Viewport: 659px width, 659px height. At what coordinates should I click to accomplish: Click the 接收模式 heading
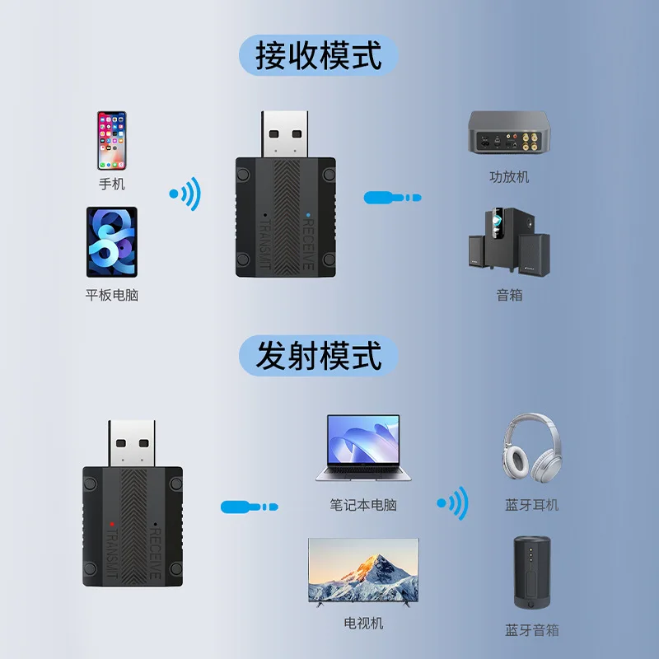click(319, 57)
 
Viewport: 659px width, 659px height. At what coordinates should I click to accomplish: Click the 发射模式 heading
click(319, 356)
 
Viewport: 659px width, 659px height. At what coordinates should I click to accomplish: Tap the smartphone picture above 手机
click(111, 140)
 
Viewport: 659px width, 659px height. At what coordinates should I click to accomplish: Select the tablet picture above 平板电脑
click(111, 242)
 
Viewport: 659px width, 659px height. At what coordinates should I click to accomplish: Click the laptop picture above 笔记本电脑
click(363, 448)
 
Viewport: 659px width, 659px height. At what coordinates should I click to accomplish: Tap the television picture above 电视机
click(363, 569)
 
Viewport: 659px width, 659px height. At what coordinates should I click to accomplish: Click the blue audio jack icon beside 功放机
click(392, 198)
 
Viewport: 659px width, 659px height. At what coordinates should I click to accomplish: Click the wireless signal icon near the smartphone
click(186, 194)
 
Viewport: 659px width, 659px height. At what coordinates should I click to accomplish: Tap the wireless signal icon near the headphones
click(452, 502)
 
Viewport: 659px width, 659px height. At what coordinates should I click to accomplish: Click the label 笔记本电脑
click(363, 504)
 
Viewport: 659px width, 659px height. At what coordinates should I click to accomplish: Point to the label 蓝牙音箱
click(531, 630)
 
